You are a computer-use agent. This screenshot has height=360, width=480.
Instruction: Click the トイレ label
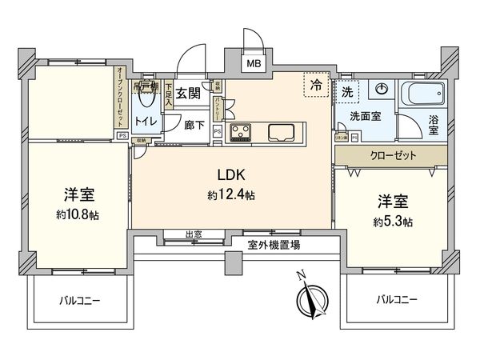145,121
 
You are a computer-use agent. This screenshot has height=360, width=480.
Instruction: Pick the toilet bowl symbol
145,98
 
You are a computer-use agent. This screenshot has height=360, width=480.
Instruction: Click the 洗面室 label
365,116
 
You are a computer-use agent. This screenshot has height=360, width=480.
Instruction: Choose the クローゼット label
392,155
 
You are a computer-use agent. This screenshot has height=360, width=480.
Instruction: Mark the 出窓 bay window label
193,235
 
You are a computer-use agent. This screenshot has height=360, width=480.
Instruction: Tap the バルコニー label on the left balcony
79,302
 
